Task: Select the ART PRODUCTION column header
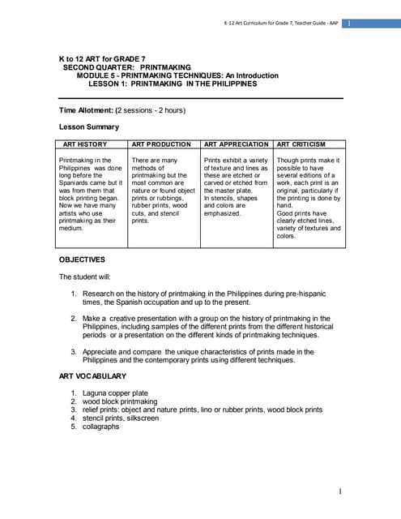(x=160, y=144)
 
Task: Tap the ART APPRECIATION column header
(x=237, y=144)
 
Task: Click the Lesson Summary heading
(x=89, y=127)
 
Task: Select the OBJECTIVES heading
(x=83, y=259)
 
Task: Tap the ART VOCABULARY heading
(x=93, y=376)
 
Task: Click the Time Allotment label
(x=87, y=109)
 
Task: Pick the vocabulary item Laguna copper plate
(x=120, y=393)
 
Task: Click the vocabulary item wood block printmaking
(x=125, y=401)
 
